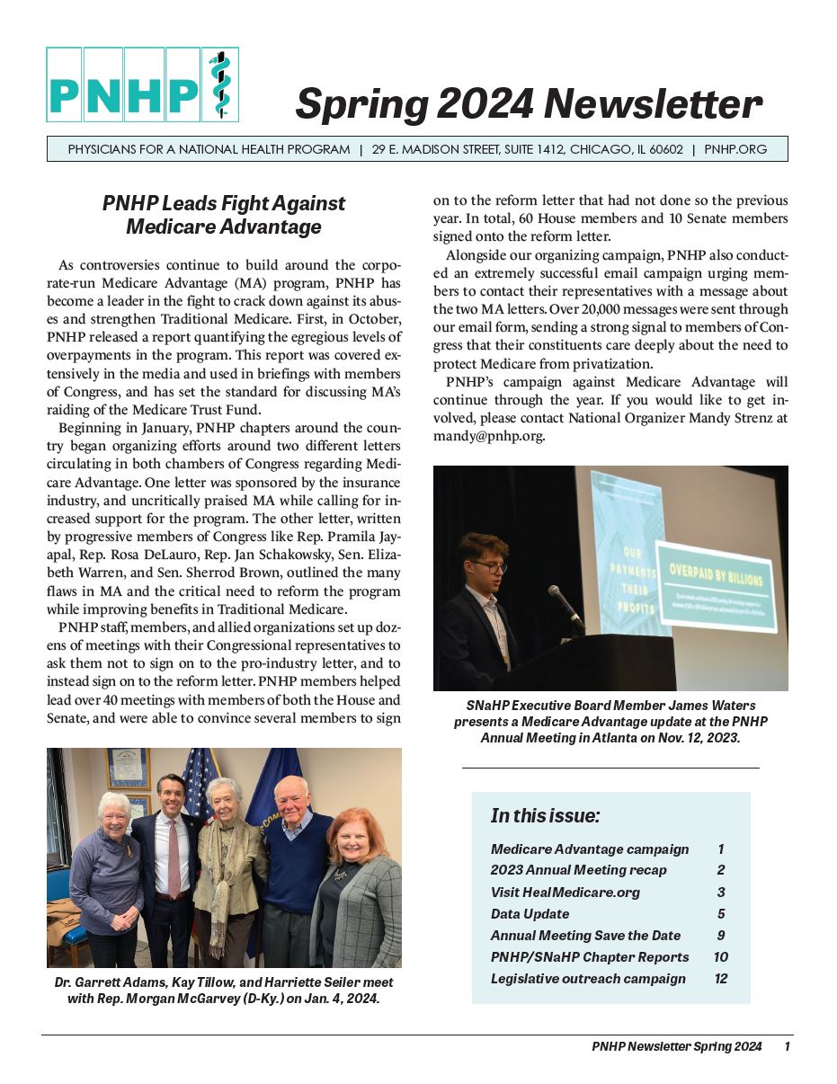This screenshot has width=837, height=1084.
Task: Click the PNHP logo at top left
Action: pos(142,84)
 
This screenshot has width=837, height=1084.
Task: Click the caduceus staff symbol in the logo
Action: pos(219,84)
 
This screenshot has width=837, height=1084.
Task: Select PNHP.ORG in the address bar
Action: pos(735,149)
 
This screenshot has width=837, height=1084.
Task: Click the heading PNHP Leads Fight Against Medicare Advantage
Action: pos(224,215)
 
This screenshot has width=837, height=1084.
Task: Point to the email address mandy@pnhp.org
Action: pos(488,436)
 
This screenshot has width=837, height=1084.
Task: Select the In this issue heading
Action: pos(545,816)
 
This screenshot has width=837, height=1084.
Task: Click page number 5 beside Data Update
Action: pos(721,914)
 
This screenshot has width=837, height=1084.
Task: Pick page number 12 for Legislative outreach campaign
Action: pos(721,979)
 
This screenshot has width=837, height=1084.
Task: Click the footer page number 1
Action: pos(787,1046)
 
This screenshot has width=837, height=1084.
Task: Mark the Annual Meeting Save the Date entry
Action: pos(585,936)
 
